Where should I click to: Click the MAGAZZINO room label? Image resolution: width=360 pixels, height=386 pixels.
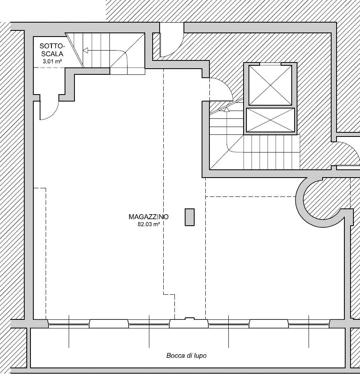149,217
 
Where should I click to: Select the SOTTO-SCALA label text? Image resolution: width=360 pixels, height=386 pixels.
52,50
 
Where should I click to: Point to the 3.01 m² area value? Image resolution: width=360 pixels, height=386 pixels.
52,61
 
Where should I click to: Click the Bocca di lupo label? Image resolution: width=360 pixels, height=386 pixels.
186,356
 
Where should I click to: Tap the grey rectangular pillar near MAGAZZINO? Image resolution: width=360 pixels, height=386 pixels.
190,217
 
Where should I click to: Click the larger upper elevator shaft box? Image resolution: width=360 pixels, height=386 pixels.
270,85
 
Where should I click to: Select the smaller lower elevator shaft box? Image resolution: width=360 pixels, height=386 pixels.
271,120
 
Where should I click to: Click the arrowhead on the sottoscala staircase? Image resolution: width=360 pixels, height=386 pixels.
86,51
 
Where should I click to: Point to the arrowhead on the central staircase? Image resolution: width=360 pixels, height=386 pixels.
227,109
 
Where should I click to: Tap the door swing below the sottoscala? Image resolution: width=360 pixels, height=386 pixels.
49,110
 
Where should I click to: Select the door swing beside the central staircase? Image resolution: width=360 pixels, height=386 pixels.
221,89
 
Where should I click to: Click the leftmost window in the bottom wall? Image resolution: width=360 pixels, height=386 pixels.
69,324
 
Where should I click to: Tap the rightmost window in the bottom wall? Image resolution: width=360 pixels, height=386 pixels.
309,324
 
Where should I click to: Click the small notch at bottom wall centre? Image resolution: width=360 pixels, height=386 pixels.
190,319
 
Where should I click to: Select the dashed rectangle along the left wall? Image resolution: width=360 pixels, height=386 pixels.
39,254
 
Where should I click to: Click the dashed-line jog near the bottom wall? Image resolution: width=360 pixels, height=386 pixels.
169,294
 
